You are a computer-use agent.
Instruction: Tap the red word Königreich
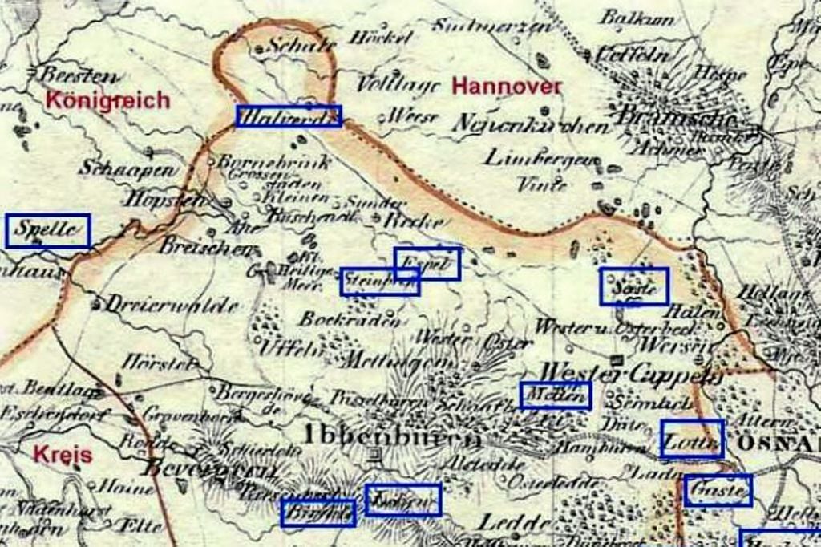(107, 100)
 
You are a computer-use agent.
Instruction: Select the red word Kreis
(62, 454)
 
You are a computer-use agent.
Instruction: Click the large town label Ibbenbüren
(392, 437)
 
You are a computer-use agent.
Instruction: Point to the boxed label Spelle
(47, 231)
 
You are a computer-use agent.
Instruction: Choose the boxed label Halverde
(289, 116)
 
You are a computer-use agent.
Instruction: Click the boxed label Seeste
(634, 286)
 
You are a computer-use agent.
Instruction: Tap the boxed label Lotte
(692, 439)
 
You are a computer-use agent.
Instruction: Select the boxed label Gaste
(718, 490)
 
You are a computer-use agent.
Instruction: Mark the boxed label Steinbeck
(380, 282)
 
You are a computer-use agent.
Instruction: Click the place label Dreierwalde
(172, 306)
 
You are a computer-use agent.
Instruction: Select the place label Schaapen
(127, 168)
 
